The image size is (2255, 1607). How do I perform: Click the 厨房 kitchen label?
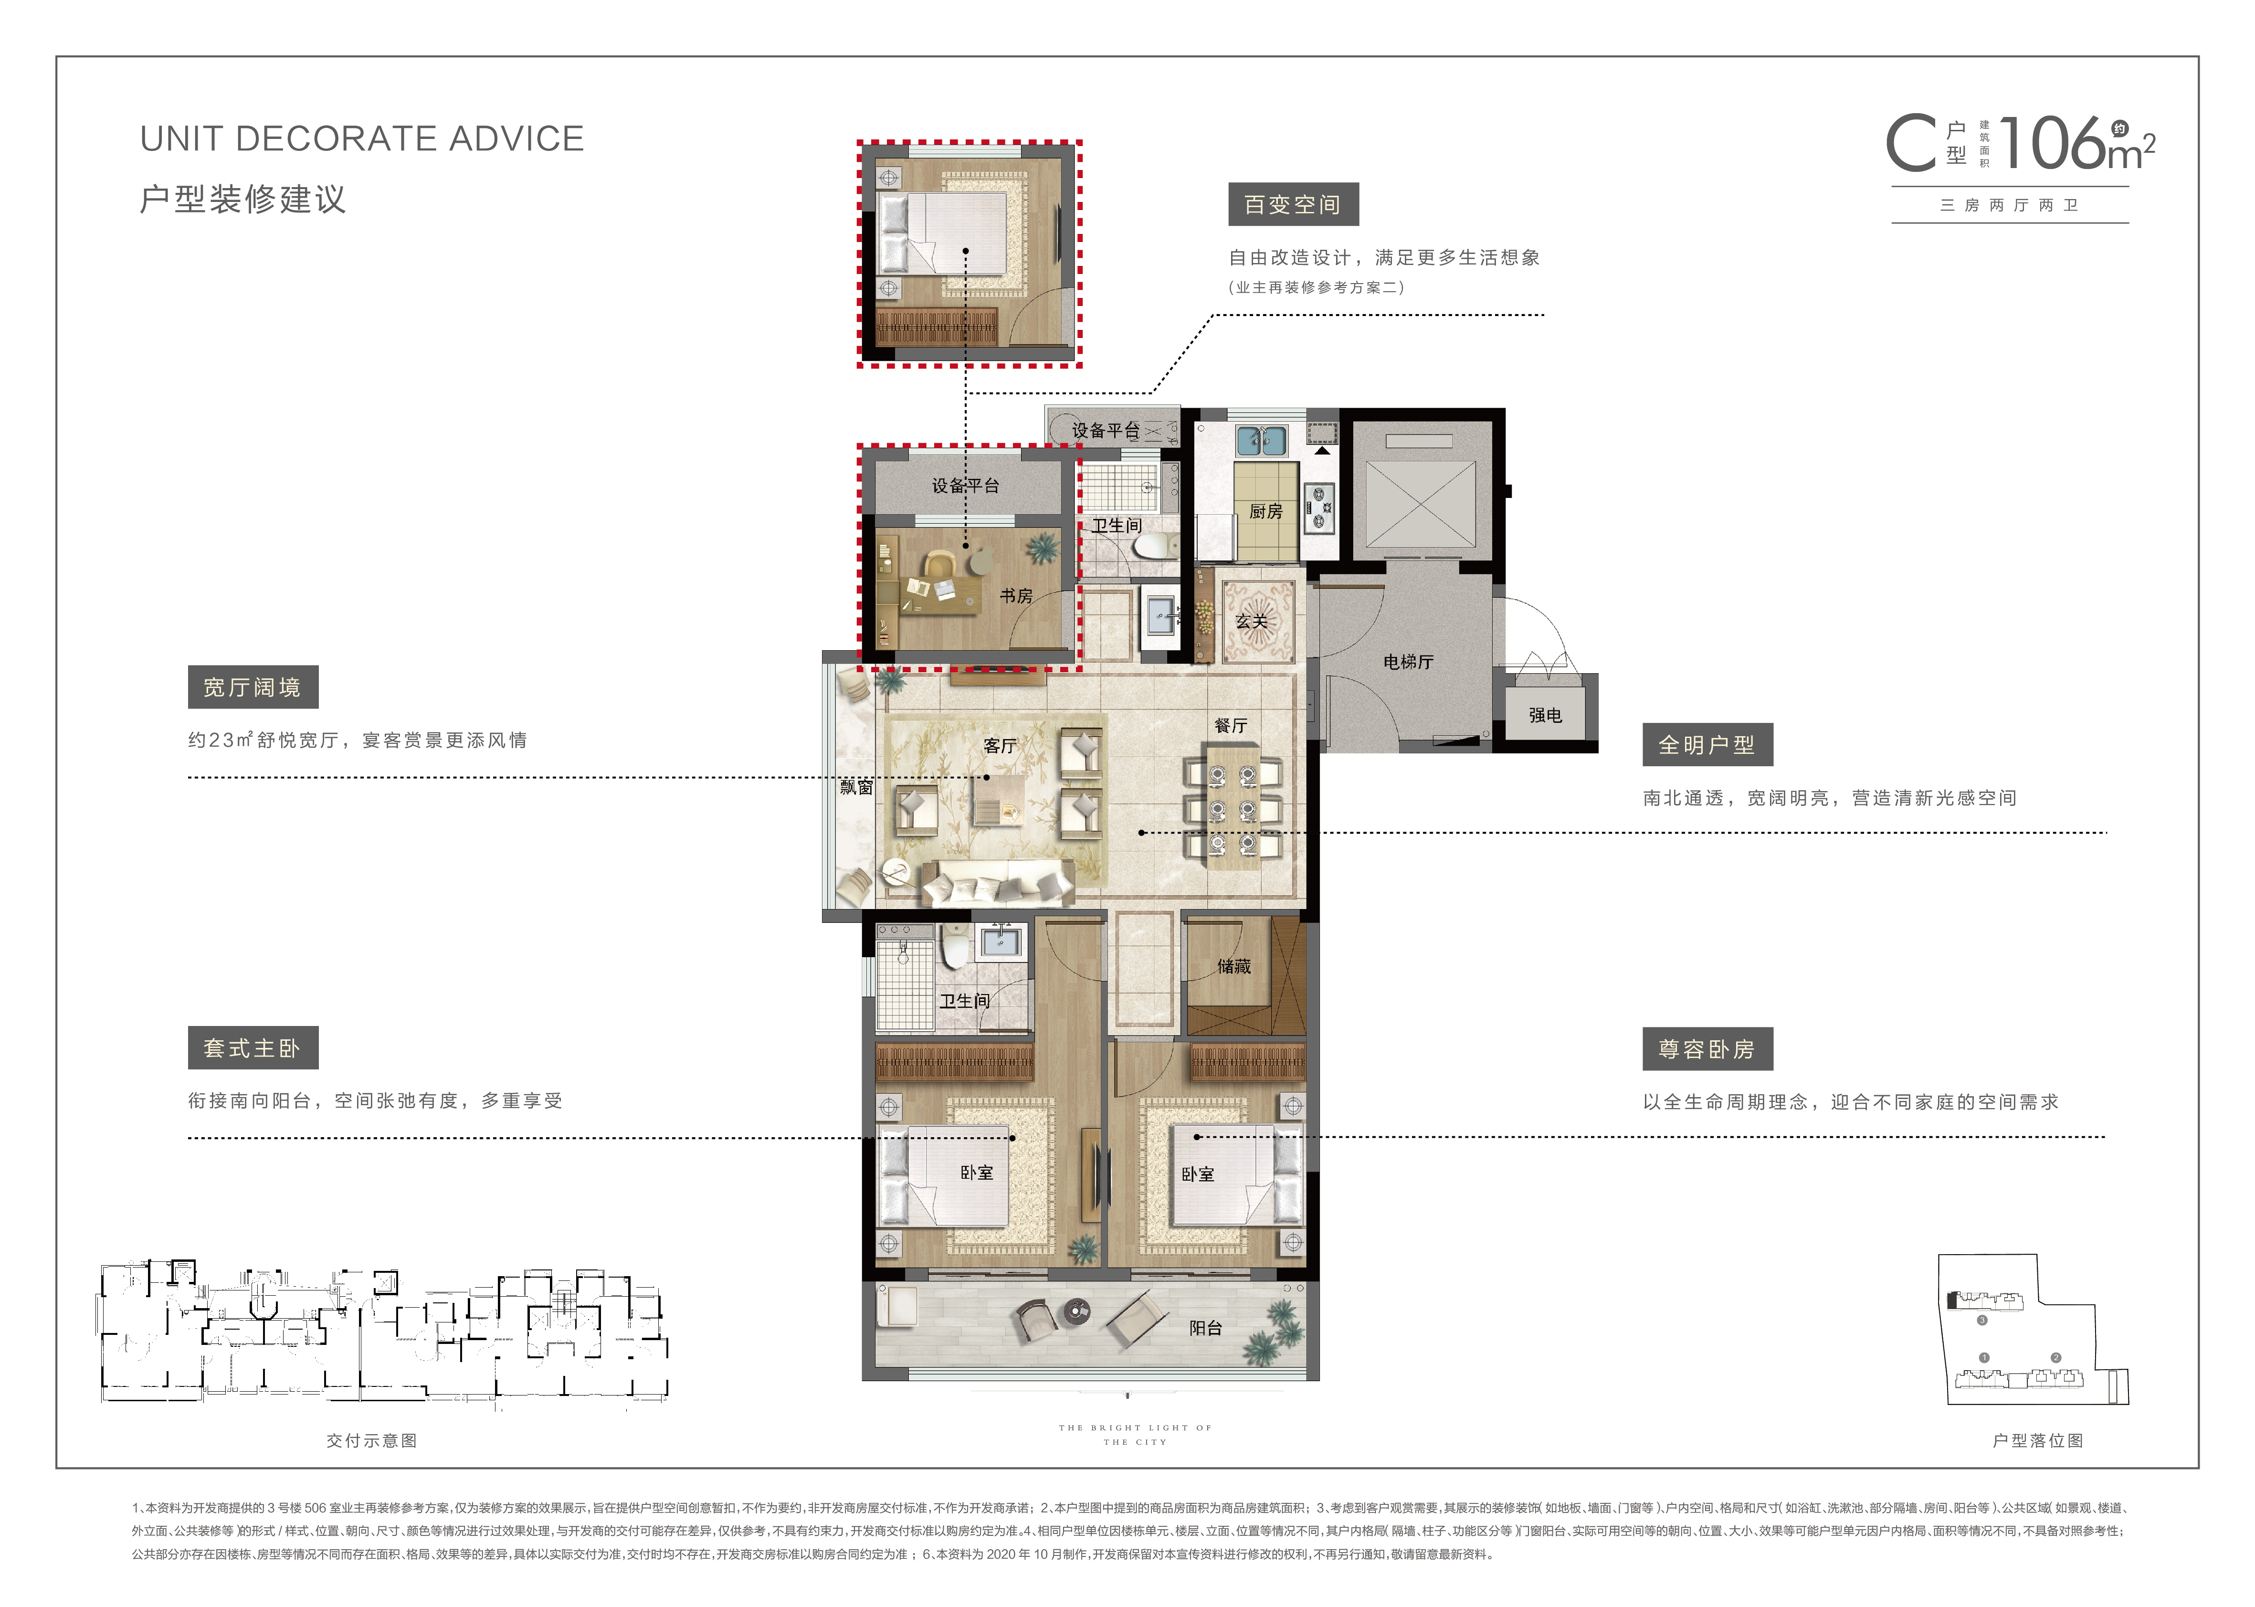coord(1265,512)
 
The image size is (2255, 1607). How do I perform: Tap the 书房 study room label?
coord(1016,596)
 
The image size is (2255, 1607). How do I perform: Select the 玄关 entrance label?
coord(1252,622)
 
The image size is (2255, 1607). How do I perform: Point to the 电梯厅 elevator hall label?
coord(1408,662)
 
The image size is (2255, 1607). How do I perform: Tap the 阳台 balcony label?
coord(1205,1328)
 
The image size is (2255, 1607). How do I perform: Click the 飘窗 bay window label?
coord(857,787)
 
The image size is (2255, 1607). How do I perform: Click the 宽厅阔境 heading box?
coord(253,687)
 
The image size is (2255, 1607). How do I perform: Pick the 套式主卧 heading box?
coord(253,1048)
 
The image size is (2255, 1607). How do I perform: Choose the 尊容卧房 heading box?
coord(1708,1049)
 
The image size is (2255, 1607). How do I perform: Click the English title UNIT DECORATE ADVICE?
coord(362,138)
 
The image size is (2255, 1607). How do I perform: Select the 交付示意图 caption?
coord(372,1441)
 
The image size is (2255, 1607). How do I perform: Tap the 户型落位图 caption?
coord(2038,1441)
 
